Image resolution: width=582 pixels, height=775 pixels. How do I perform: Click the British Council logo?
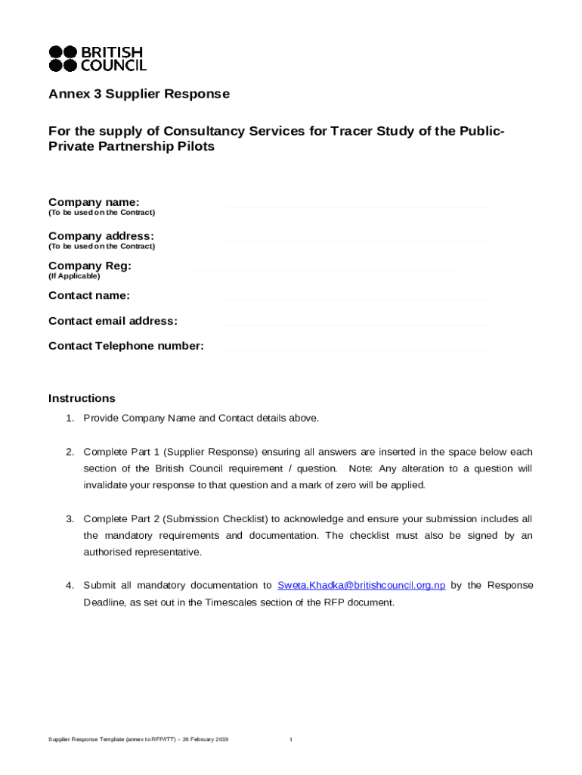coord(97,59)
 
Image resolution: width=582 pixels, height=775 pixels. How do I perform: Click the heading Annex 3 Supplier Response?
coord(139,95)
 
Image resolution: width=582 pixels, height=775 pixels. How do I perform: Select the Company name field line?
coord(357,206)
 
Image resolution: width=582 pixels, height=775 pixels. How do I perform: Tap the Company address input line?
coord(357,240)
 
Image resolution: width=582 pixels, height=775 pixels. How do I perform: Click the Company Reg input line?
coord(321,269)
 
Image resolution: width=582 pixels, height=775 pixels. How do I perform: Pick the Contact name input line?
coord(357,299)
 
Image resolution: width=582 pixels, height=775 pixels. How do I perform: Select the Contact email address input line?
coord(357,325)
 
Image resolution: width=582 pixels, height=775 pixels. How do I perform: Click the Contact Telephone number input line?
coord(357,350)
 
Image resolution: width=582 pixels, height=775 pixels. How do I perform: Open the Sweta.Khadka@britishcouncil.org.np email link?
coord(361,585)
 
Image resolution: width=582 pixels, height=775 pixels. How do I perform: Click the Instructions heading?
coord(82,398)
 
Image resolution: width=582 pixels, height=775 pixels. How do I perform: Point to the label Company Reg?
coord(90,266)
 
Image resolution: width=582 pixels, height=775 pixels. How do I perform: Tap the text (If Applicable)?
coord(74,276)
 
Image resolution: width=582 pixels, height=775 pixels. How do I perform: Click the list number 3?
coord(69,519)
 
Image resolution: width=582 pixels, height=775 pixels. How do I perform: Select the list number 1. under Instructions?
coord(69,418)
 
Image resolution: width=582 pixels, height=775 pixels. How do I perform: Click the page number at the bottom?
coord(291,739)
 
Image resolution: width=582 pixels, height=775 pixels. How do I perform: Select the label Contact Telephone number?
coord(126,346)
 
